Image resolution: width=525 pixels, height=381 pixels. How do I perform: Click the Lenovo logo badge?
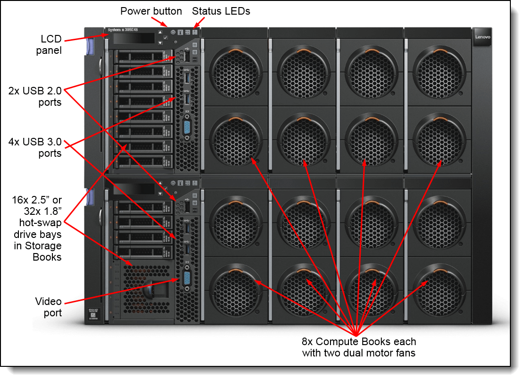pyautogui.click(x=483, y=36)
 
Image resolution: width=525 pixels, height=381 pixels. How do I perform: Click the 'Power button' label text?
pyautogui.click(x=151, y=11)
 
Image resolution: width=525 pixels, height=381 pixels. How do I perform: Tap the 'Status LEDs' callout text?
pyautogui.click(x=221, y=11)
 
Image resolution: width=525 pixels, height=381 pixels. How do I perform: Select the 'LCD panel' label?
pyautogui.click(x=49, y=44)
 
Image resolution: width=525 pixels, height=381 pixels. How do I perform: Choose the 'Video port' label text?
pyautogui.click(x=48, y=307)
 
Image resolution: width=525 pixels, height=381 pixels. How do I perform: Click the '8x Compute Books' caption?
pyautogui.click(x=359, y=347)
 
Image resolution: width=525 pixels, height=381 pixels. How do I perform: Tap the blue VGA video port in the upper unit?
pyautogui.click(x=187, y=127)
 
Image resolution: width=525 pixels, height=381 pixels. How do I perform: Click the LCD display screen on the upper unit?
pyautogui.click(x=135, y=39)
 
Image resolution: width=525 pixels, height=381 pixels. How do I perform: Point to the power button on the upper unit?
pyautogui.click(x=173, y=33)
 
